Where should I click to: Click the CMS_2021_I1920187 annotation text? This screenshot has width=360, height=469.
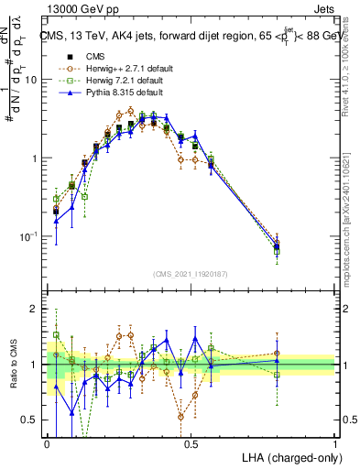(191, 274)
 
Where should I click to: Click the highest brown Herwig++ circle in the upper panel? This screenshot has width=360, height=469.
(131, 111)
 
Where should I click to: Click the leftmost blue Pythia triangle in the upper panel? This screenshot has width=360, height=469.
(57, 221)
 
